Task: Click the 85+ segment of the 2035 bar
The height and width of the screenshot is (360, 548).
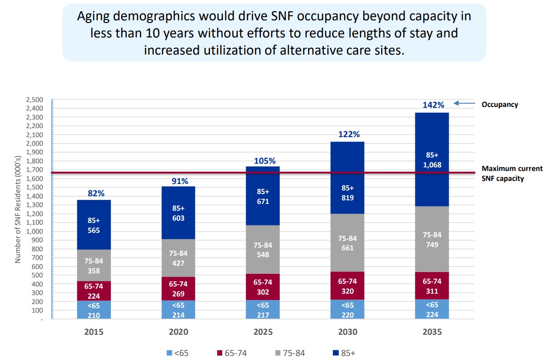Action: point(432,135)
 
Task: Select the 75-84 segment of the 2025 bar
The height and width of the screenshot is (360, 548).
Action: point(263,249)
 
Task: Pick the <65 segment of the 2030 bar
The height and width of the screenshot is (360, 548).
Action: point(347,309)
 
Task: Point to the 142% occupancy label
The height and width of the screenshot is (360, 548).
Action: point(433,105)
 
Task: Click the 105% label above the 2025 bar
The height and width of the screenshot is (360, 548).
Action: point(264,161)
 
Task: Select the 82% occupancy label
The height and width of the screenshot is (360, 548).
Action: point(96,193)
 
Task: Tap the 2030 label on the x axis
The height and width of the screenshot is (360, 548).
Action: point(347,332)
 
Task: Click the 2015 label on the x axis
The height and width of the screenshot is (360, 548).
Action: point(94,332)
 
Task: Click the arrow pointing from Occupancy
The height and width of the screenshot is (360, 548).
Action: point(464,104)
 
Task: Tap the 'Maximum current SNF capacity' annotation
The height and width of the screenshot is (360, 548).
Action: point(512,173)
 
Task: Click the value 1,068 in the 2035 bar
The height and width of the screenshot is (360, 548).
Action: point(432,165)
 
